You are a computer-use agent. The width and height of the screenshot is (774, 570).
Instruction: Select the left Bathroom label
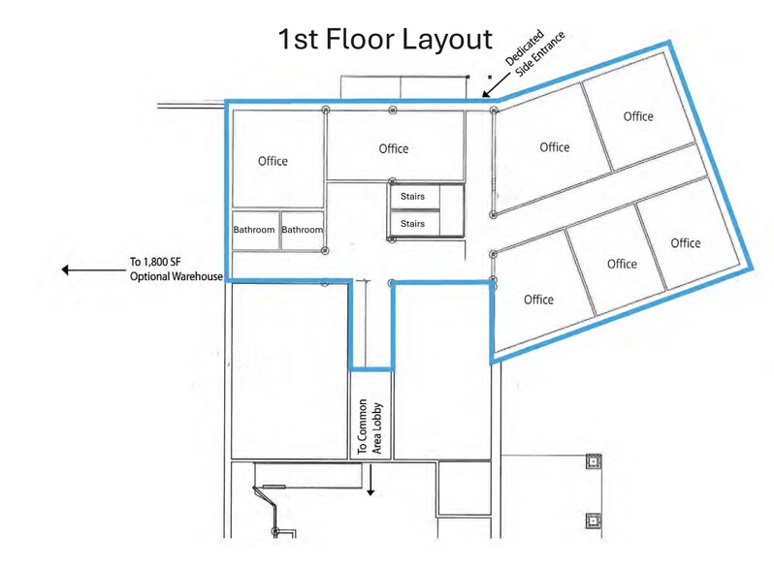[x=254, y=231]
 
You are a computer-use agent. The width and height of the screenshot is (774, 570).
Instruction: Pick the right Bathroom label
[x=302, y=231]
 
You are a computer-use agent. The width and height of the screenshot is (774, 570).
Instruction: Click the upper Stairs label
[x=413, y=197]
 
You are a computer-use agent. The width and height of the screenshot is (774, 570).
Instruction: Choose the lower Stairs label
[x=413, y=225]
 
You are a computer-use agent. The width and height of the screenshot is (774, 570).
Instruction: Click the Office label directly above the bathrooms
[x=273, y=161]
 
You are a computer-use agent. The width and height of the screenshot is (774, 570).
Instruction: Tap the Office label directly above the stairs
[x=394, y=148]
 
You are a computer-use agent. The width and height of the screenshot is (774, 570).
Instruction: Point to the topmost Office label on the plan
[x=638, y=116]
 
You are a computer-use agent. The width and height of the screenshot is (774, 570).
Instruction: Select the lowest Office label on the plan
[x=538, y=300]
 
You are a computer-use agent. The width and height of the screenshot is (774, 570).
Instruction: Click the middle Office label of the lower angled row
[x=622, y=264]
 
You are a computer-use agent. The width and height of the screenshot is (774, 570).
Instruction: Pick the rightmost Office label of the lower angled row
[x=686, y=242]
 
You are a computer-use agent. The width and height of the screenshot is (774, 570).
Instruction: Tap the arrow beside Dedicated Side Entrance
[x=493, y=87]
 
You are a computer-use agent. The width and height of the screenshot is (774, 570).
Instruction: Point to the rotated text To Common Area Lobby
[x=370, y=427]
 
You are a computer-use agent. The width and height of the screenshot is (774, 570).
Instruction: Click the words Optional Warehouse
[x=177, y=277]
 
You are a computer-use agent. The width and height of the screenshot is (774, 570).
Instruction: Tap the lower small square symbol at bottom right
[x=591, y=522]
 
